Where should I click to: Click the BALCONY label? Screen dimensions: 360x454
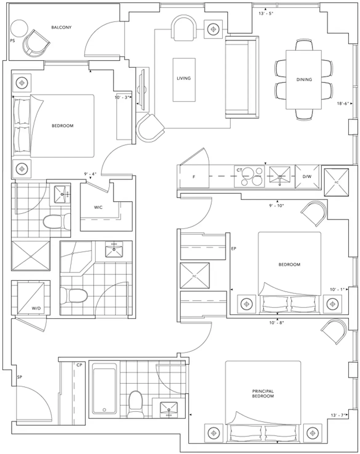point(61,27)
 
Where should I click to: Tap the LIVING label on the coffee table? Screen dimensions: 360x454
point(184,78)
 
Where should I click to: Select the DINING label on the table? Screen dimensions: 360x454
point(304,79)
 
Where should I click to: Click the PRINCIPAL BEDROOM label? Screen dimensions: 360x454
point(263,394)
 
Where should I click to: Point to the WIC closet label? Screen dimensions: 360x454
point(98,207)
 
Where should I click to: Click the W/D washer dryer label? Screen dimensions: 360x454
point(36,308)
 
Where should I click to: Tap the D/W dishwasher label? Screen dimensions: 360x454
point(307,176)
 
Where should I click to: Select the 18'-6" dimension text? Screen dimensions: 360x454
point(343,104)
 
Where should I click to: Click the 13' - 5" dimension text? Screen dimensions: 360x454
point(266,14)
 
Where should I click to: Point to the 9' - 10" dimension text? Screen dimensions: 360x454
point(277,206)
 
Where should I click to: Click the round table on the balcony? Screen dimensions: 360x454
point(19,29)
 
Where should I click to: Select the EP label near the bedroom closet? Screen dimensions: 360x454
point(234,248)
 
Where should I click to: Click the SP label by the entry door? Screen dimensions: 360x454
point(19,377)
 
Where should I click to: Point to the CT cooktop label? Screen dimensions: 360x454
point(239,170)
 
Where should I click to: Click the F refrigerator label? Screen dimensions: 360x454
point(194,177)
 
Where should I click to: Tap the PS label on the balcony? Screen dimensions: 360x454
point(12,41)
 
